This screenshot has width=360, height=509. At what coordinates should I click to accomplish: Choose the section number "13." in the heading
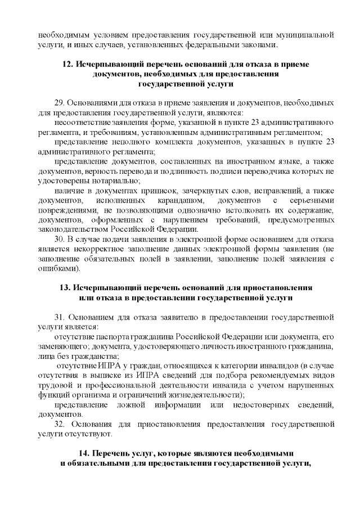pos(66,287)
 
